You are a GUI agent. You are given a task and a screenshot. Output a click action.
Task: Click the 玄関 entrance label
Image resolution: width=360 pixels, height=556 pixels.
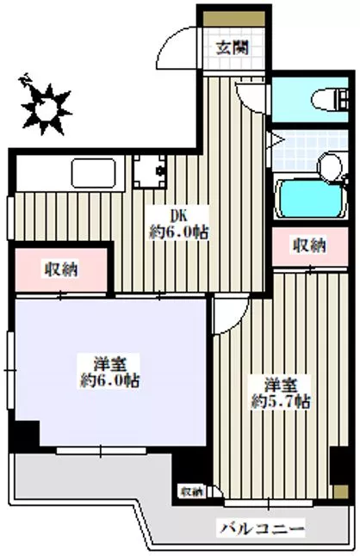[229, 46]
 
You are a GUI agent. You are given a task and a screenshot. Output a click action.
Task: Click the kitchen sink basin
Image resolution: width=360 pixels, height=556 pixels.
[94, 174]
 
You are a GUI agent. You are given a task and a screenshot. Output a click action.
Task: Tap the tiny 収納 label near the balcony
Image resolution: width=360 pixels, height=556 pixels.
[191, 491]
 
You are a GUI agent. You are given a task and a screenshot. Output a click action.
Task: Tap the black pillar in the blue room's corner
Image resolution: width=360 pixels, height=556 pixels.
[26, 435]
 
